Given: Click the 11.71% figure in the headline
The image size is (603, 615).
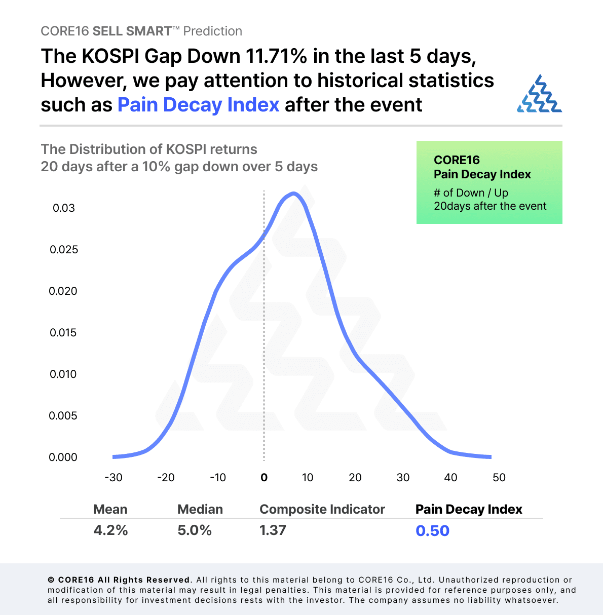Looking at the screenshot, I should click(276, 56).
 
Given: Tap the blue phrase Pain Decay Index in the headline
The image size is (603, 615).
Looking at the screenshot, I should click(198, 105).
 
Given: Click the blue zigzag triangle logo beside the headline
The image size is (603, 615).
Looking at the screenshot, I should click(539, 94).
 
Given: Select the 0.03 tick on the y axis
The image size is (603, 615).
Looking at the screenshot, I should click(63, 208).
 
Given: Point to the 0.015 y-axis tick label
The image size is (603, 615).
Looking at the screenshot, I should click(63, 333).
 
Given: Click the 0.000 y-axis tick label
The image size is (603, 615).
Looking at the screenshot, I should click(63, 457).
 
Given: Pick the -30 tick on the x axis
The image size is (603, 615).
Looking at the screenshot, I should click(113, 478).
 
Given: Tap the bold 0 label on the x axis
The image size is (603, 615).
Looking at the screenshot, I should click(263, 478).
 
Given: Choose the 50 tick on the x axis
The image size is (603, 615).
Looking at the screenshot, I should click(499, 478).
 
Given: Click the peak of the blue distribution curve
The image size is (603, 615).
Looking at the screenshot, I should click(293, 194).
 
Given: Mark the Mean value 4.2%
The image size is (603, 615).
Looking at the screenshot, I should click(110, 530).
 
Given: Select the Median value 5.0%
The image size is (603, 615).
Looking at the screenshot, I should click(194, 530).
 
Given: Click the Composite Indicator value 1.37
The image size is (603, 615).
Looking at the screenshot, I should click(273, 530).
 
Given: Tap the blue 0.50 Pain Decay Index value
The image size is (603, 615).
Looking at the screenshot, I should click(432, 531).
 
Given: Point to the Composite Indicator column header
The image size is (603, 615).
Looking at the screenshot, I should click(322, 509).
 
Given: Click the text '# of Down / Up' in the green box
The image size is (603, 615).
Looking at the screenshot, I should click(471, 193).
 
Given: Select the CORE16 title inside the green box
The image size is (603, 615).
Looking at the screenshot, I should click(457, 160).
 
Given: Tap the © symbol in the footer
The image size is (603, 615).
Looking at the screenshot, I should click(51, 580).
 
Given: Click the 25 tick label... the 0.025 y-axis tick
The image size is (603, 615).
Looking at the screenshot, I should click(63, 250).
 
